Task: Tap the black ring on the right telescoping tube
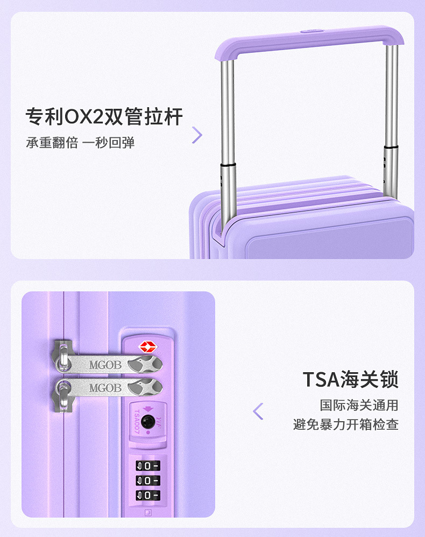pyautogui.click(x=391, y=146)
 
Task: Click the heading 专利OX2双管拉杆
pyautogui.click(x=104, y=116)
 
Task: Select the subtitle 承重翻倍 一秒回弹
pyautogui.click(x=80, y=143)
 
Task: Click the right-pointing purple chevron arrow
pyautogui.click(x=197, y=135)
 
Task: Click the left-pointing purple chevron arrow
pyautogui.click(x=258, y=411)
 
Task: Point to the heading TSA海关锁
pyautogui.click(x=350, y=379)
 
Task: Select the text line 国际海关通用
pyautogui.click(x=359, y=405)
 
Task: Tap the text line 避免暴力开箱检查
pyautogui.click(x=346, y=424)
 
